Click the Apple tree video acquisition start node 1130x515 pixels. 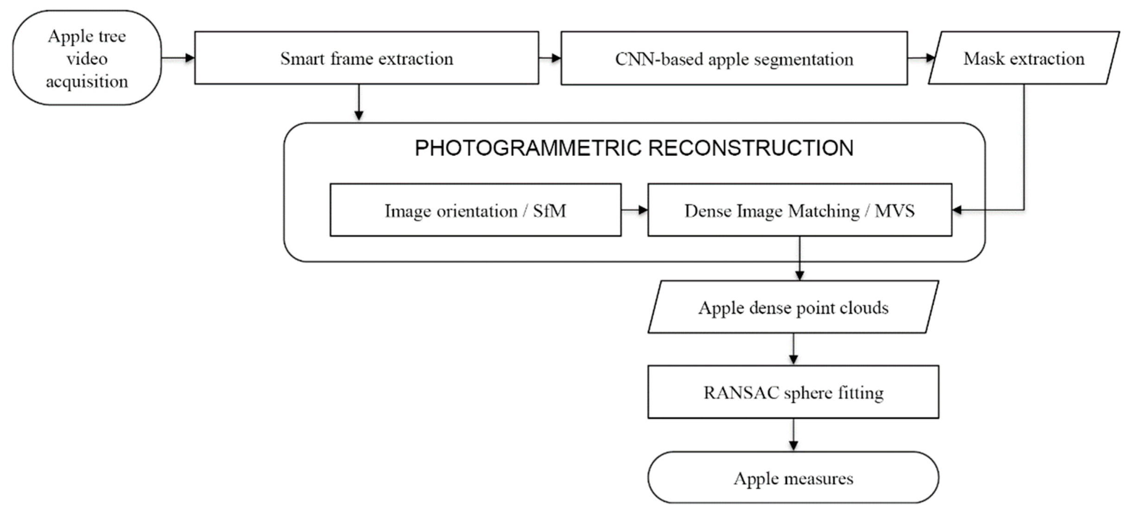pyautogui.click(x=87, y=58)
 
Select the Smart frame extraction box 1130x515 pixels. pyautogui.click(x=366, y=58)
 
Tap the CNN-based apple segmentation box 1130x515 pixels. pyautogui.click(x=734, y=59)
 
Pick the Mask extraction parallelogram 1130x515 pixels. pyautogui.click(x=1024, y=58)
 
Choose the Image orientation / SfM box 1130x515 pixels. pyautogui.click(x=475, y=211)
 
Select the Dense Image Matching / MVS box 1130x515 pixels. pyautogui.click(x=799, y=211)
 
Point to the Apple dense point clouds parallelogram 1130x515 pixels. pyautogui.click(x=793, y=308)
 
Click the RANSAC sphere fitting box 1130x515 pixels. pyautogui.click(x=793, y=393)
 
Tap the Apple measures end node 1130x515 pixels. pyautogui.click(x=793, y=478)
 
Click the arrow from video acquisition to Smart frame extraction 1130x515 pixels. pyautogui.click(x=178, y=58)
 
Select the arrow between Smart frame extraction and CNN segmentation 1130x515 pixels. pyautogui.click(x=550, y=58)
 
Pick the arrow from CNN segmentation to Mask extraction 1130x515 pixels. pyautogui.click(x=921, y=58)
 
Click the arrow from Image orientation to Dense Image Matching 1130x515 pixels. pyautogui.click(x=634, y=210)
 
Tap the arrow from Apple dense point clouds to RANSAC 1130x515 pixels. pyautogui.click(x=793, y=349)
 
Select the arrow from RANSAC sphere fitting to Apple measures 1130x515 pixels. pyautogui.click(x=793, y=435)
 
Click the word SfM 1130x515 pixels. pyautogui.click(x=549, y=211)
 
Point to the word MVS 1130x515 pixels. pyautogui.click(x=894, y=211)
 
